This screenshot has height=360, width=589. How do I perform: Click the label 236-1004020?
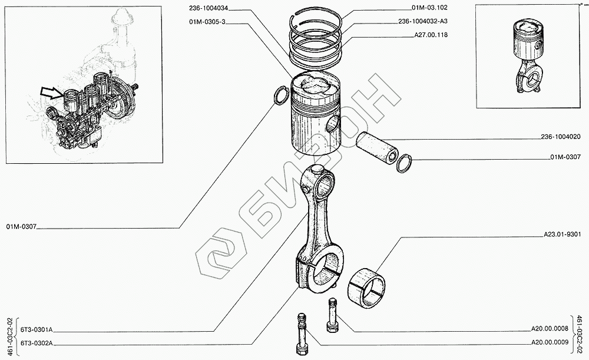pyautogui.click(x=561, y=137)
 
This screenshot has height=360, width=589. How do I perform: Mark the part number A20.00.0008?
pyautogui.click(x=550, y=331)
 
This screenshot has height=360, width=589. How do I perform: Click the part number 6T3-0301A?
pyautogui.click(x=37, y=331)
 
